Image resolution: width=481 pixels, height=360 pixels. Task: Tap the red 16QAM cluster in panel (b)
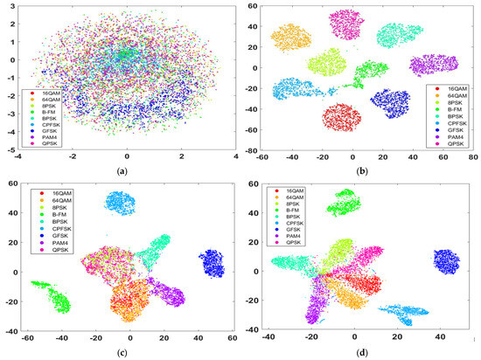tap(342, 116)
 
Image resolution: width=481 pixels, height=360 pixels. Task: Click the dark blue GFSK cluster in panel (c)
tap(212, 262)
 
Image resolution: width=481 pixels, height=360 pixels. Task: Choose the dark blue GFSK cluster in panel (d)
tap(446, 262)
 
